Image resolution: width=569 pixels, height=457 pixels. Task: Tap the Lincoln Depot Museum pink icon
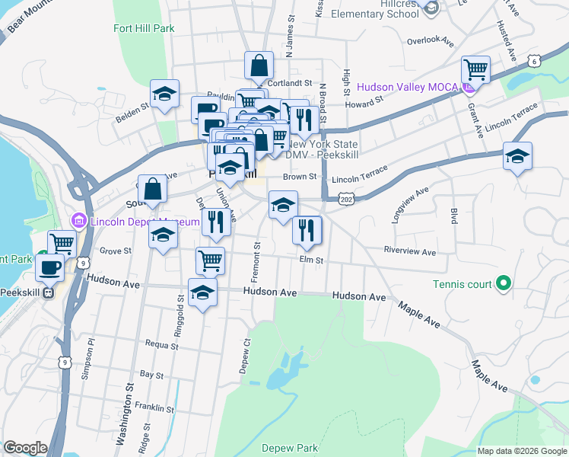pyautogui.click(x=78, y=222)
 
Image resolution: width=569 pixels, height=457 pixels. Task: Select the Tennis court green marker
pyautogui.click(x=502, y=285)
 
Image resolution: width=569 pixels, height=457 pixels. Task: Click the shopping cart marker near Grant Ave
pyautogui.click(x=475, y=70)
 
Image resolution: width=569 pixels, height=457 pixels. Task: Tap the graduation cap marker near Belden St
pyautogui.click(x=164, y=94)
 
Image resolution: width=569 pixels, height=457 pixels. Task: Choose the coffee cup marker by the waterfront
pyautogui.click(x=49, y=267)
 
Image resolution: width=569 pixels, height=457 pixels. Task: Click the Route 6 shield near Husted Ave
pyautogui.click(x=536, y=60)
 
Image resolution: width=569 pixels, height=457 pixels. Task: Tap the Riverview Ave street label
pyautogui.click(x=409, y=251)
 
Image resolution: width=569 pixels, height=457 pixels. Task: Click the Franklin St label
pyautogui.click(x=157, y=408)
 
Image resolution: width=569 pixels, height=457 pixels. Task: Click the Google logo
pyautogui.click(x=25, y=448)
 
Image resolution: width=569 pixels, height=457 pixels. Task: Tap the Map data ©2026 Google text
pyautogui.click(x=522, y=451)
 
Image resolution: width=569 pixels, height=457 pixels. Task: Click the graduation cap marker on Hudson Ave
pyautogui.click(x=202, y=292)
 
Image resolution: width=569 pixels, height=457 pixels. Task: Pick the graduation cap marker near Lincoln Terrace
pyautogui.click(x=517, y=157)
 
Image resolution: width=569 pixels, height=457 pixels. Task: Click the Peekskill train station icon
pyautogui.click(x=49, y=292)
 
